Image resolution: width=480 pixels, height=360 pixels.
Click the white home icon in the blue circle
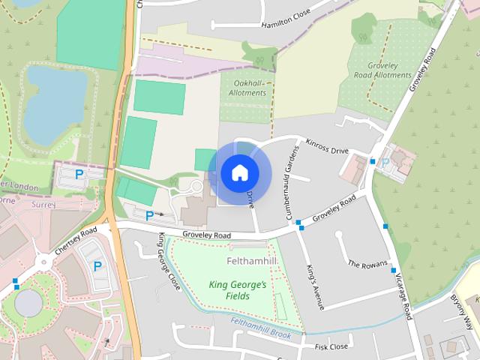click(239, 172)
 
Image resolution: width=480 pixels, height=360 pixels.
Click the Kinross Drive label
click(328, 145)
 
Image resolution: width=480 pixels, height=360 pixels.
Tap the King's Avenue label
click(314, 287)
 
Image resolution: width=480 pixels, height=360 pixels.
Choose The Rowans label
click(367, 264)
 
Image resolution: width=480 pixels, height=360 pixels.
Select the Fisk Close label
click(331, 347)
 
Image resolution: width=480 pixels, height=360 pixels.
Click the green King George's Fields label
click(237, 290)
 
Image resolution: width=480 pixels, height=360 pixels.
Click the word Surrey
click(44, 203)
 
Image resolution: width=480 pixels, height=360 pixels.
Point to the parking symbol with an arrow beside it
click(150, 215)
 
